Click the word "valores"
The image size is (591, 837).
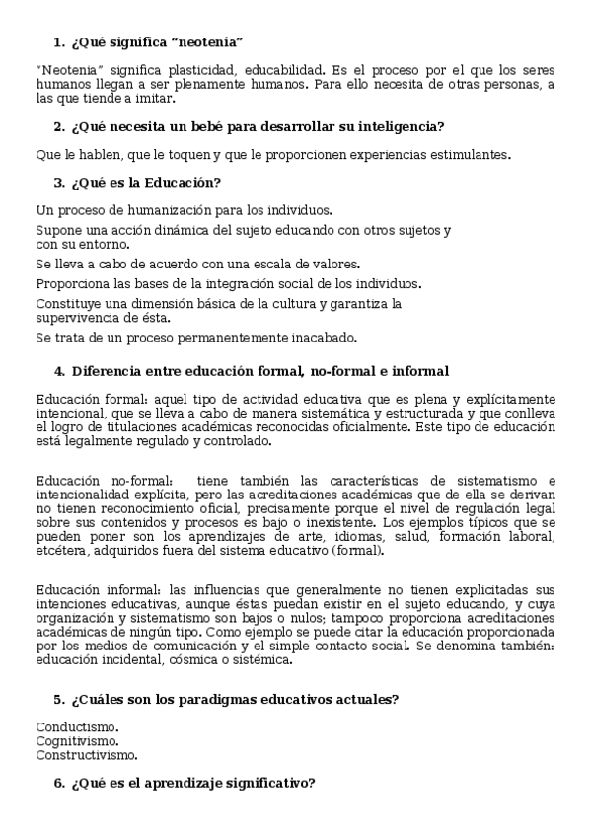tap(331, 264)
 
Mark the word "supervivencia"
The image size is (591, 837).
tap(75, 318)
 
